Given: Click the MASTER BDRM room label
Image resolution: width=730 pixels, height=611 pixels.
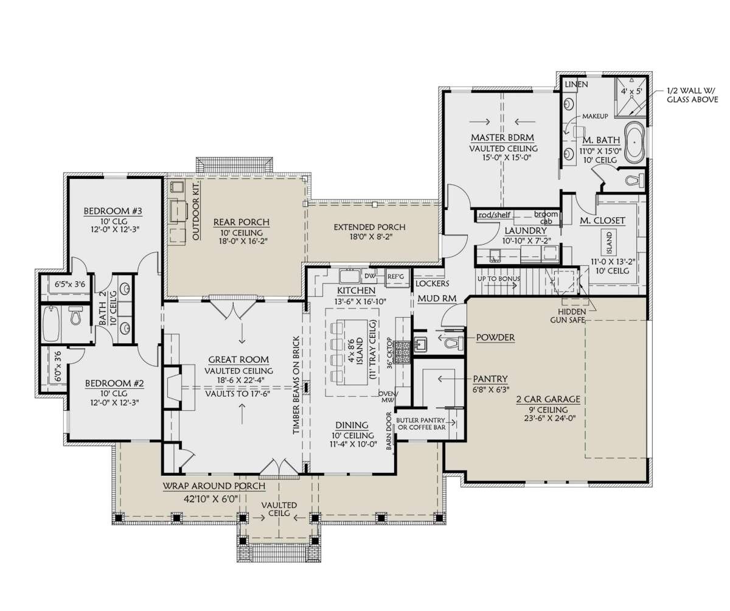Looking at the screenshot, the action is [x=502, y=138].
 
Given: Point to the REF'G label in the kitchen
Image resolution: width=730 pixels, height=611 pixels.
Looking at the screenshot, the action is [x=395, y=276].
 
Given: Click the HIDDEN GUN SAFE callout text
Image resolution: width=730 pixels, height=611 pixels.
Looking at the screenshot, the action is [x=572, y=315].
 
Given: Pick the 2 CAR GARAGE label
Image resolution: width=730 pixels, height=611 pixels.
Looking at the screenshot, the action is [x=548, y=399].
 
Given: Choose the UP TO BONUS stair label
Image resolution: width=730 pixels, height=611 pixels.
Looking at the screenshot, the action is [x=499, y=279].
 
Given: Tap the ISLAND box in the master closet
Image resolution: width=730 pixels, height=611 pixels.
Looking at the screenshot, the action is [x=609, y=242].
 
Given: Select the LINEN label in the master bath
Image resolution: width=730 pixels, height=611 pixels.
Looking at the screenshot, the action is [x=577, y=85].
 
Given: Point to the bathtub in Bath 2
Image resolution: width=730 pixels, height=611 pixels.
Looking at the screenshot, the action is [x=51, y=324].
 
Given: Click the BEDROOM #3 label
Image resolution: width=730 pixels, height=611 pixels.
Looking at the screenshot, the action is [x=113, y=211].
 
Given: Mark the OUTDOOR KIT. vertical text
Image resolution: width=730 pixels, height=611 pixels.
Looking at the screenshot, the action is [x=196, y=211].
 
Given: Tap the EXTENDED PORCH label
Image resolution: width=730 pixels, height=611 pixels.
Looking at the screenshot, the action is [x=369, y=227].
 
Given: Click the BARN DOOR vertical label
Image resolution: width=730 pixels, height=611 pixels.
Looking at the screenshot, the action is [x=389, y=431].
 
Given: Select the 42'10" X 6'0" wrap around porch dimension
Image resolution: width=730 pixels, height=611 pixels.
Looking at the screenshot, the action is [x=210, y=498].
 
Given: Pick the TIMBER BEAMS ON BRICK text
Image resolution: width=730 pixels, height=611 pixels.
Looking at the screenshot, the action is [x=296, y=385].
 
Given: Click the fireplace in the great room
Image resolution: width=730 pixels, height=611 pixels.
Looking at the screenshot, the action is [x=173, y=386].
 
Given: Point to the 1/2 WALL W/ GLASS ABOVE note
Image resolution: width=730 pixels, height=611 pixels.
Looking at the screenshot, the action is [x=693, y=95].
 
